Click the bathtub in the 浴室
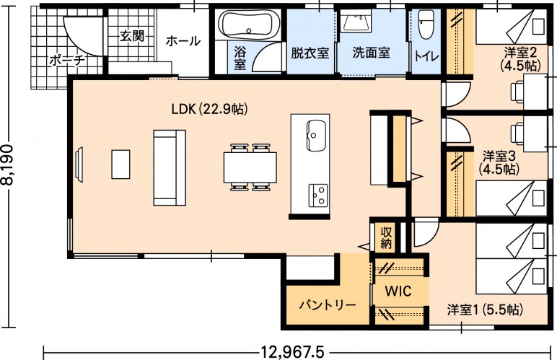(247, 24)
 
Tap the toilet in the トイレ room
(426, 24)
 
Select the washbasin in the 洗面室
(356, 21)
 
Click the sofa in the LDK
(170, 167)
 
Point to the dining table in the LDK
(250, 167)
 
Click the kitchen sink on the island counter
(316, 135)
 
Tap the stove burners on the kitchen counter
(318, 196)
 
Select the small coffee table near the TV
(120, 164)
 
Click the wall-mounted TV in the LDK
(79, 164)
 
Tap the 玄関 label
(132, 35)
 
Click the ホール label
(183, 41)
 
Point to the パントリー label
(327, 305)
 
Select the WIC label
(398, 291)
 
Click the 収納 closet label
(386, 237)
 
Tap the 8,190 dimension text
(8, 164)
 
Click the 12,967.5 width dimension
(293, 353)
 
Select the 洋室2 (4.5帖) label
(520, 59)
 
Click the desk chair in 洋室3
(517, 134)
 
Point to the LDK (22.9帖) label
(209, 109)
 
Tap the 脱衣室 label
(310, 53)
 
